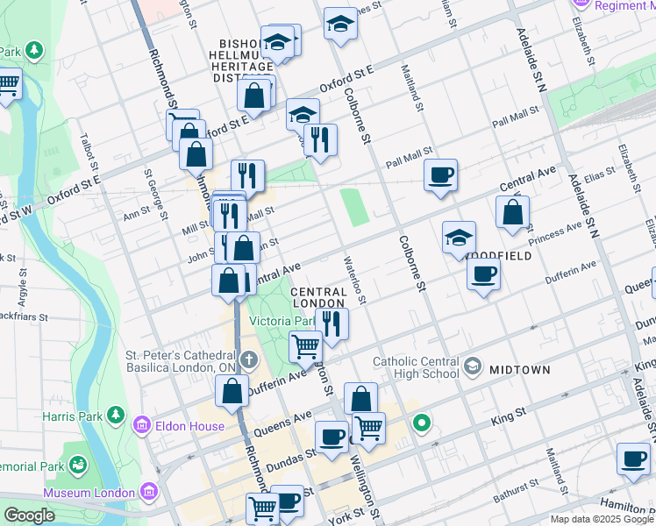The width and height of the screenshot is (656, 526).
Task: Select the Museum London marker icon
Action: click(x=146, y=490)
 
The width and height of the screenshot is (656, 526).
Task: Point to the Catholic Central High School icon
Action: click(x=474, y=365)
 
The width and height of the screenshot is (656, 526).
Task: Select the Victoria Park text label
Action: click(x=282, y=321)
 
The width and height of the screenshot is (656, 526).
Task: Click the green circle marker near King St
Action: click(x=422, y=424)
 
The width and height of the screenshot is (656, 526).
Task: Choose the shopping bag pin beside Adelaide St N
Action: click(x=512, y=212)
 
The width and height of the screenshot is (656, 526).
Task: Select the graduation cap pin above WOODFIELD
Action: click(x=459, y=237)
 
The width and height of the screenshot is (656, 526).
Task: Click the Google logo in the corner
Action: click(x=30, y=515)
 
